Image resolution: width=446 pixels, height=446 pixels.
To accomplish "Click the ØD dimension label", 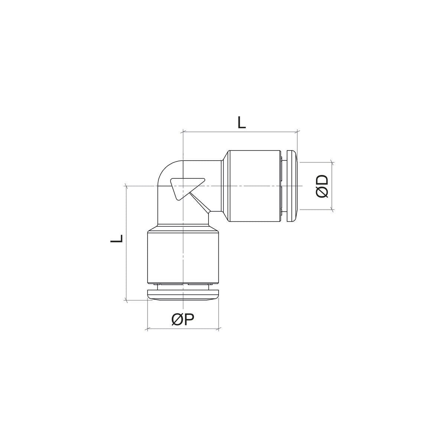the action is click(322, 186).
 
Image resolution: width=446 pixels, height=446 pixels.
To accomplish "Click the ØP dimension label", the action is click(183, 320).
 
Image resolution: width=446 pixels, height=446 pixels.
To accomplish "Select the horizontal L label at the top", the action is click(242, 122).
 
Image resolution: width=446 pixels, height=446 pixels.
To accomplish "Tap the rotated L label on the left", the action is click(116, 238).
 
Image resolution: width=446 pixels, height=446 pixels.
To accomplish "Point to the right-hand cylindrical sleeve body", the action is click(255, 186).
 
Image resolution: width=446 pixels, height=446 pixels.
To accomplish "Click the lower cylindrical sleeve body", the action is click(183, 258).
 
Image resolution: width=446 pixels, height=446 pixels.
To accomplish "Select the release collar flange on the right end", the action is click(292, 186).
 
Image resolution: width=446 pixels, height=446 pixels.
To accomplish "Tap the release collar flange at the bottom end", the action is click(183, 295).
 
